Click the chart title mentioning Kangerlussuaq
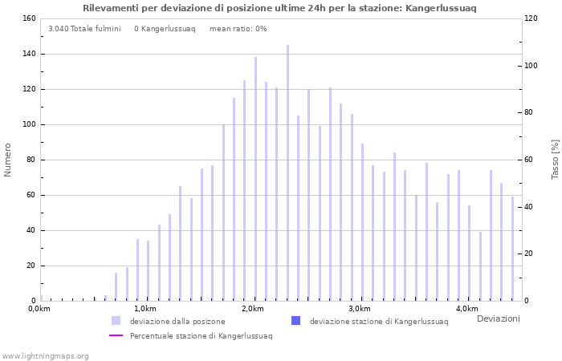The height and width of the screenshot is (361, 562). point(279,8)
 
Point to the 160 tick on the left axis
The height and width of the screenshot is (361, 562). point(28,18)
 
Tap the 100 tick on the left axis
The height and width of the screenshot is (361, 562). point(28,124)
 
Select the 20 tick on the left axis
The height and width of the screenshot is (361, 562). point(31,266)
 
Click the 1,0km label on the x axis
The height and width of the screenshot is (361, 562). point(145,309)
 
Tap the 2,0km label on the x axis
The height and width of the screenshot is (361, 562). point(252,309)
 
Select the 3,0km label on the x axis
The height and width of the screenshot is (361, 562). point(360,309)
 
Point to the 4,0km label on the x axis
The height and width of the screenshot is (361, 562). point(467,309)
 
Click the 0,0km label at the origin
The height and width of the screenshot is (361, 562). point(39,309)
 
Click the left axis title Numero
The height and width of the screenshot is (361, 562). point(8,160)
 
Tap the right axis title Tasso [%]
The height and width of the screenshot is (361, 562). point(555,160)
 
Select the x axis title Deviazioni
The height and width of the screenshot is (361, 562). point(498,319)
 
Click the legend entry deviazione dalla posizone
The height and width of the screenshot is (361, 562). point(177,321)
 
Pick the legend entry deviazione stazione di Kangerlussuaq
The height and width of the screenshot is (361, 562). point(378,321)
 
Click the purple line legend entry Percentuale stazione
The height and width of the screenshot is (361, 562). point(201,335)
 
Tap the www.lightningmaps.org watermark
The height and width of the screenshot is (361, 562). point(45,355)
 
